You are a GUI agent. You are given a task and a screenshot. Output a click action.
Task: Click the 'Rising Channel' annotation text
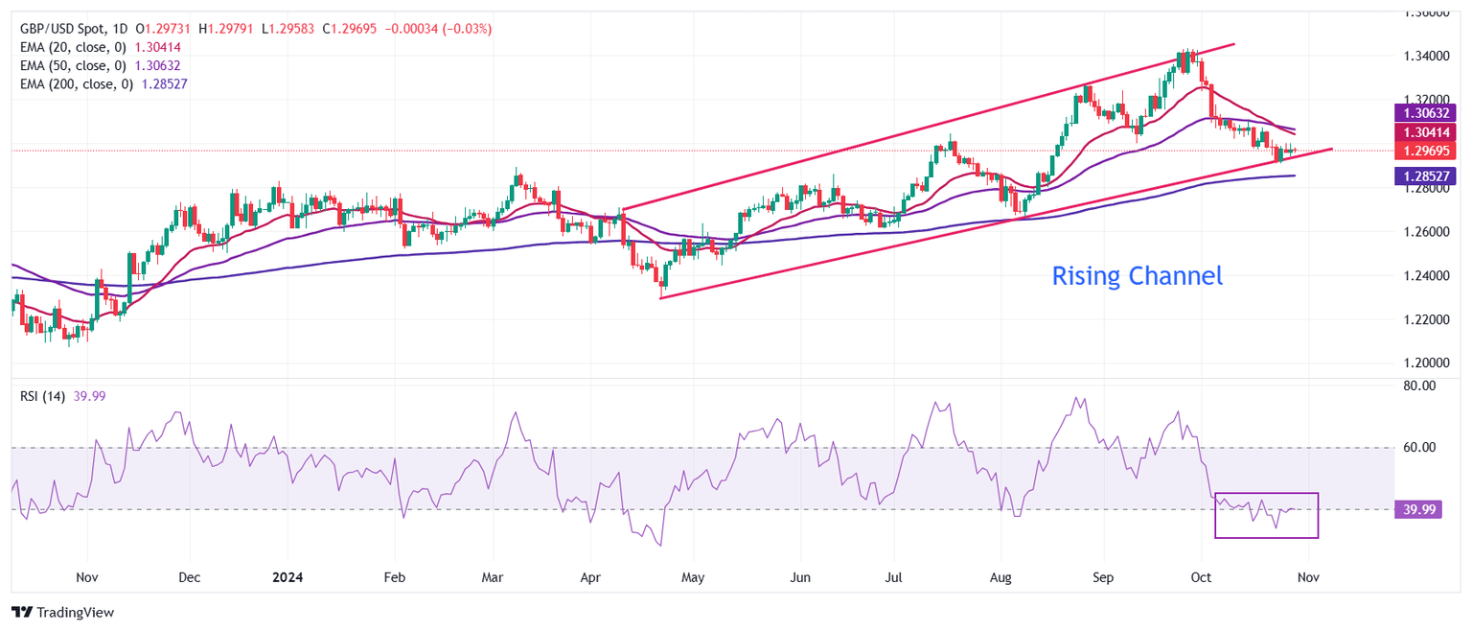pos(1137,276)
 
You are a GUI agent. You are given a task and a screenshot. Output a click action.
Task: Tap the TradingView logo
pos(62,612)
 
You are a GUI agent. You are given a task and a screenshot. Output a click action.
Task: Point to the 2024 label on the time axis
pos(288,578)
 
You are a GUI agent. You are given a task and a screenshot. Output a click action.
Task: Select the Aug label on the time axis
pos(1000,578)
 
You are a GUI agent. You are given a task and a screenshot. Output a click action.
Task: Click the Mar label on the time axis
pos(493,578)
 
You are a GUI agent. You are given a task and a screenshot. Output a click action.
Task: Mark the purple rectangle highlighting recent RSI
pos(1266,515)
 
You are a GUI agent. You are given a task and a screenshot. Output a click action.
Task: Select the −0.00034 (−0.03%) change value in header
pos(438,29)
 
